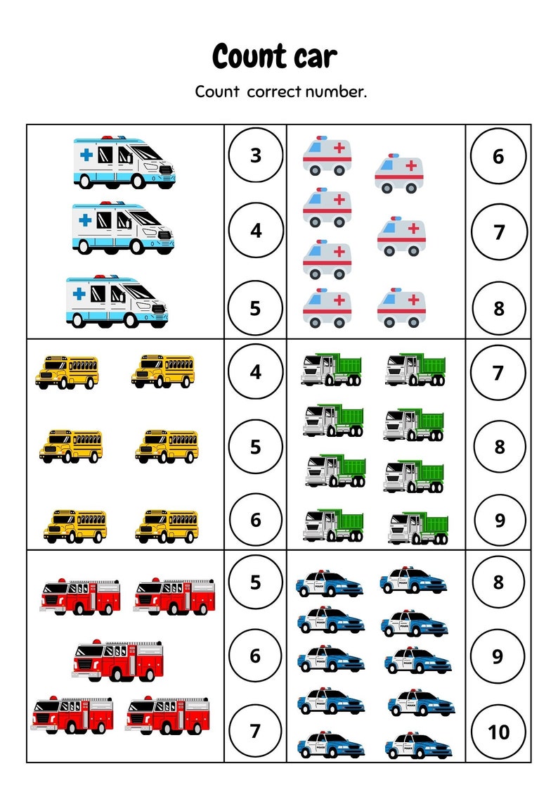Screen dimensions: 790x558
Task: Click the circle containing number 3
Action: (x=256, y=155)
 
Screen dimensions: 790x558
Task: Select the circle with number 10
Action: (x=498, y=732)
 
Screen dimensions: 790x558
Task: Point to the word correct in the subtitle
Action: (x=274, y=91)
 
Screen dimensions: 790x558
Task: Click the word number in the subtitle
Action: (x=335, y=91)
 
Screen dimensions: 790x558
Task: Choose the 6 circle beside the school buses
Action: (x=256, y=520)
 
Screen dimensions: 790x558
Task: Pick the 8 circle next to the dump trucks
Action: (x=499, y=447)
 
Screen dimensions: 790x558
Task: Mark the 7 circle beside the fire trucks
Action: (x=256, y=732)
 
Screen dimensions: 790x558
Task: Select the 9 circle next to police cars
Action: (x=498, y=656)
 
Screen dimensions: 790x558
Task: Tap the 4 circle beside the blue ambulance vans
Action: (x=256, y=230)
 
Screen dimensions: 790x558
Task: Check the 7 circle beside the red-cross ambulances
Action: (x=498, y=231)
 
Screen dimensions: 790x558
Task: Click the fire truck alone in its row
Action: (x=117, y=660)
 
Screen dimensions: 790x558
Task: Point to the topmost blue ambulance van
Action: (x=124, y=163)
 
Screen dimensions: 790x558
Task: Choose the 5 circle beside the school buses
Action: (x=256, y=447)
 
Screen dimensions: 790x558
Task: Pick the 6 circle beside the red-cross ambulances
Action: (x=498, y=155)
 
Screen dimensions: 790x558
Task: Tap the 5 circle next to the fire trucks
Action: (x=256, y=582)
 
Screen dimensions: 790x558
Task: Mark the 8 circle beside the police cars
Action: (x=498, y=582)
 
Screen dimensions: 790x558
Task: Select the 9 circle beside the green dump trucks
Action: (x=499, y=521)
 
